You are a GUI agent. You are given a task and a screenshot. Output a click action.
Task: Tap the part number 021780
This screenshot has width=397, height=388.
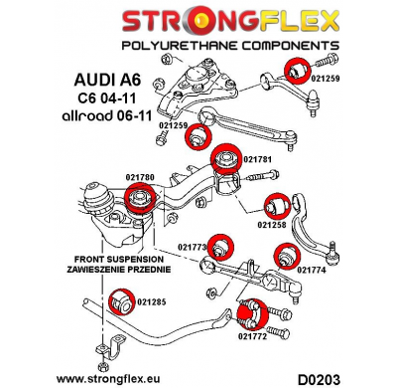click(112, 177)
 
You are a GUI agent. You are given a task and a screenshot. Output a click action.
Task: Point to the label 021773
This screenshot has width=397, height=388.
click(193, 247)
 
